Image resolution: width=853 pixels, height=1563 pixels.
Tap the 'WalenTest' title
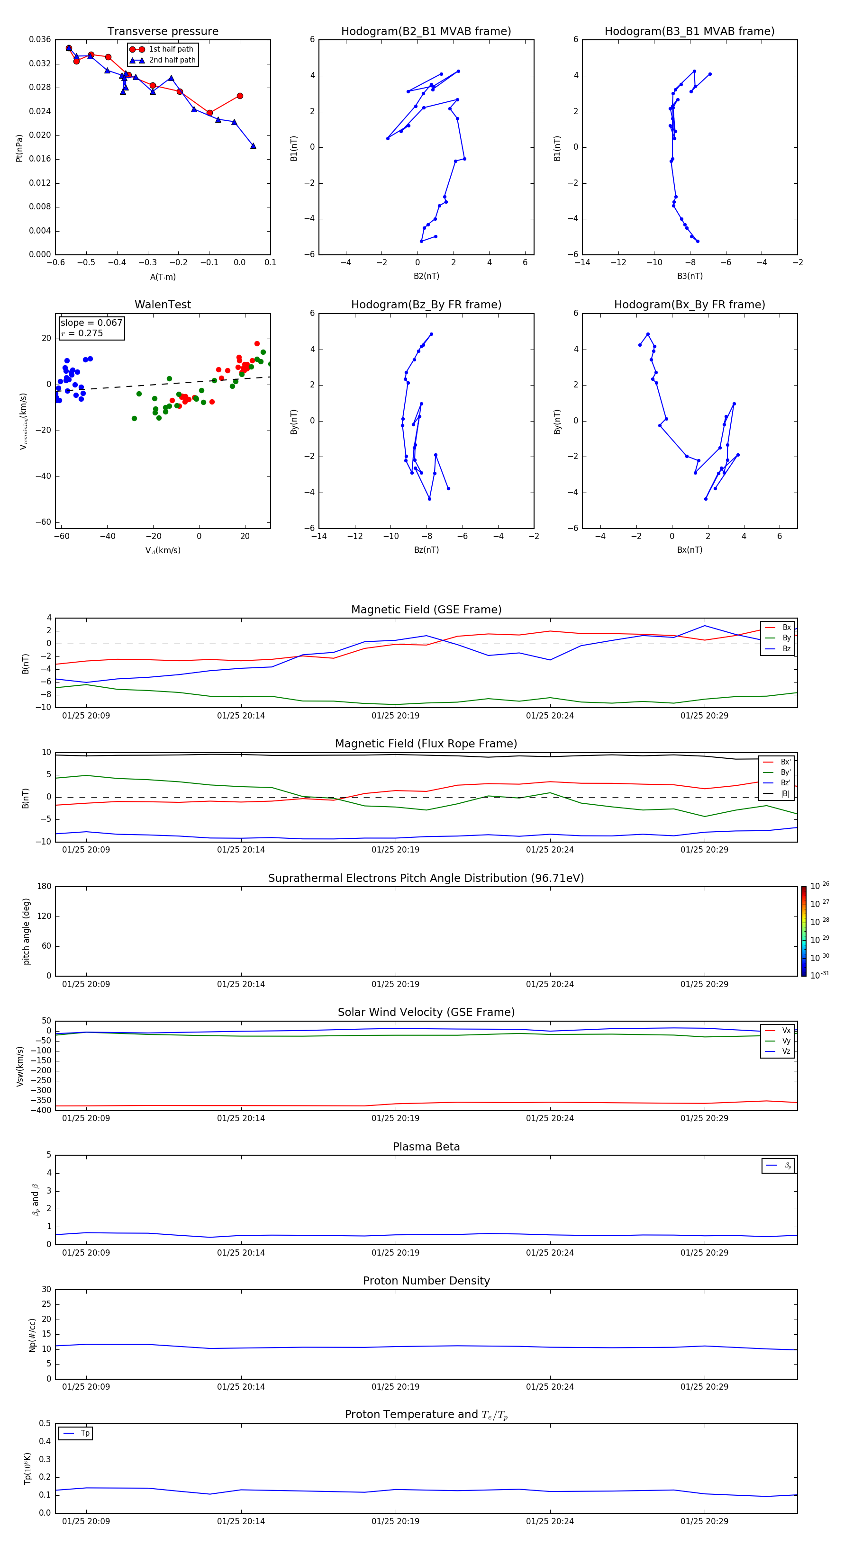(163, 305)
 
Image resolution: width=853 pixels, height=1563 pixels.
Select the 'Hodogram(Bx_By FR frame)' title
(689, 305)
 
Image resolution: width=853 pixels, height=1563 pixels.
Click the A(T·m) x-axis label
(163, 277)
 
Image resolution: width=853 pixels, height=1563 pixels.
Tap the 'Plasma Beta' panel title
(426, 1147)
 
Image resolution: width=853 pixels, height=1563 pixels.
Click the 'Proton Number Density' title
(426, 1281)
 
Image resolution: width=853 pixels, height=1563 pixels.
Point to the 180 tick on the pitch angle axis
(45, 887)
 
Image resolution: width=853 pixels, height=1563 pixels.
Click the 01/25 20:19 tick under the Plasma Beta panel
(395, 1252)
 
